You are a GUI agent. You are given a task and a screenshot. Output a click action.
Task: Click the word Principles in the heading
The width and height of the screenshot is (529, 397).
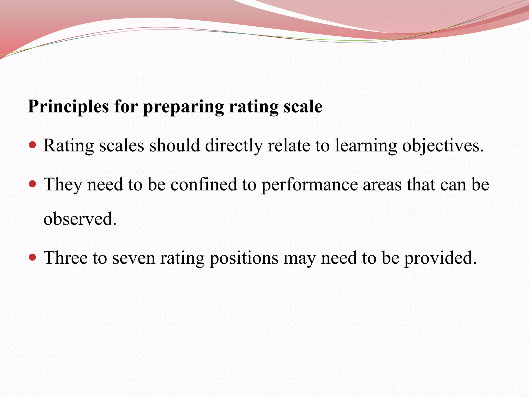pyautogui.click(x=68, y=106)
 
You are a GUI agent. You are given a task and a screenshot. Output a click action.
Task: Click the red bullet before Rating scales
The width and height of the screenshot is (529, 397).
pyautogui.click(x=33, y=145)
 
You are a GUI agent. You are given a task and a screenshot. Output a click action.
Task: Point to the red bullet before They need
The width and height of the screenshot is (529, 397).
pyautogui.click(x=33, y=184)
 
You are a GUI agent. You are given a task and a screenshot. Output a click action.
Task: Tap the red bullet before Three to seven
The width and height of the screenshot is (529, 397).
pyautogui.click(x=33, y=257)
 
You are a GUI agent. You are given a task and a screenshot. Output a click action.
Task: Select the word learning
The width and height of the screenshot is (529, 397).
pyautogui.click(x=366, y=146)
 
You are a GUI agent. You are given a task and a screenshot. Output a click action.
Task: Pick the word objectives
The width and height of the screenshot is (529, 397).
pyautogui.click(x=443, y=146)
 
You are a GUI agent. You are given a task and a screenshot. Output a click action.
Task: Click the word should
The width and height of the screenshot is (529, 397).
pyautogui.click(x=175, y=145)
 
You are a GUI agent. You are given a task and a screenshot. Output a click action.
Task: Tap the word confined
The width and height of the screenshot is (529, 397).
pyautogui.click(x=204, y=185)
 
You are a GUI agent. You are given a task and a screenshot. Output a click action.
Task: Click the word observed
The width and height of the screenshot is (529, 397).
pyautogui.click(x=80, y=219)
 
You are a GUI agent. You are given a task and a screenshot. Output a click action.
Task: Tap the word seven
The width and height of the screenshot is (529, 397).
pyautogui.click(x=134, y=258)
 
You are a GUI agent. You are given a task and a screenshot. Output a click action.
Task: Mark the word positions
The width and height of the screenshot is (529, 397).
pyautogui.click(x=244, y=258)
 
